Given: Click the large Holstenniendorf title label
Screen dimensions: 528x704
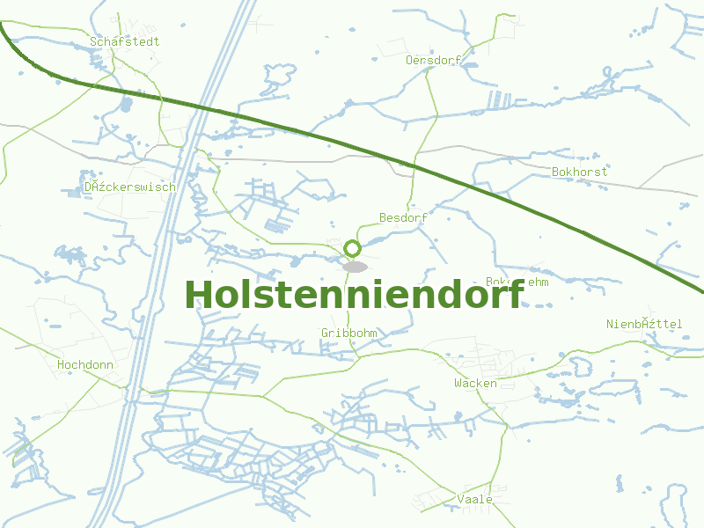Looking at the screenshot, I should (x=354, y=294).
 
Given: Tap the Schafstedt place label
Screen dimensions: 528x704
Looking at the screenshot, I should (x=124, y=41).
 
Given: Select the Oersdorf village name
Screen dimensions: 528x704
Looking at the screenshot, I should (x=434, y=60).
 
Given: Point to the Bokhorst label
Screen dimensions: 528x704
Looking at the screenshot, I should (x=580, y=172).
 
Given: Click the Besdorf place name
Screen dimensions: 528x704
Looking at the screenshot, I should (x=403, y=217).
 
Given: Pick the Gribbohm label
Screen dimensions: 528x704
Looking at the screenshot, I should (x=349, y=333).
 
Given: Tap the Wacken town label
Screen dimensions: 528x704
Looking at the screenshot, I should (x=475, y=383).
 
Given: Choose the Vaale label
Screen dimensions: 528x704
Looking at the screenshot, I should (x=475, y=499).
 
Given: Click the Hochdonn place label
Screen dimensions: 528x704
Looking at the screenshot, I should (x=85, y=364).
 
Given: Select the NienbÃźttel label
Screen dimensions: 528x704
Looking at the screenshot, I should (x=644, y=324).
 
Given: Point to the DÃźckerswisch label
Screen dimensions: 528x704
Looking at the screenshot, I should (x=130, y=187).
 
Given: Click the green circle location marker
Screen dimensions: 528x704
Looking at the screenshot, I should (x=353, y=249).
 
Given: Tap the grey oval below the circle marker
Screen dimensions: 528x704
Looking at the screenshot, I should (x=355, y=266).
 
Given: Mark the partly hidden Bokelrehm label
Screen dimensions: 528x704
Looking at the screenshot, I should (x=517, y=282).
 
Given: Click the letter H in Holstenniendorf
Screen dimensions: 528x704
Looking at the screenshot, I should (x=200, y=294).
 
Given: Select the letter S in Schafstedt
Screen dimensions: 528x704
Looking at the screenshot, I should (x=93, y=41).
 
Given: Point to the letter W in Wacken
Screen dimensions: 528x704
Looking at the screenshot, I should (x=458, y=383).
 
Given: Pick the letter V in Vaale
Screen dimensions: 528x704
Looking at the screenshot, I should (x=461, y=499).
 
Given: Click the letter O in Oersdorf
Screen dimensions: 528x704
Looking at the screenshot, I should (x=409, y=60).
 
